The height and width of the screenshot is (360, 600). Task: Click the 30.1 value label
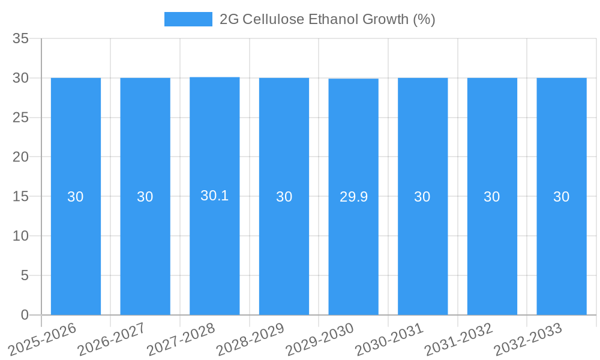[215, 196]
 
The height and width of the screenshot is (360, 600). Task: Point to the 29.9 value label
[353, 197]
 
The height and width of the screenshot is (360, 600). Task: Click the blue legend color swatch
[188, 19]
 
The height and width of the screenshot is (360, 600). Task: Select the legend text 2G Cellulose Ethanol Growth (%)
[327, 19]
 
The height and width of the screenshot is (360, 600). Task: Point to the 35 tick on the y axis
[20, 39]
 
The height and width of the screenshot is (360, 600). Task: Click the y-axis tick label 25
[20, 118]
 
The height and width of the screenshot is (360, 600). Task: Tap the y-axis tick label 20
[20, 157]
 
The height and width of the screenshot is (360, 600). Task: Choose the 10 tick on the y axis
[20, 236]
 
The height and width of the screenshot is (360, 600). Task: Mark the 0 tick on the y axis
[25, 315]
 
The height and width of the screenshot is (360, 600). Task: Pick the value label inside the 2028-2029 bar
[284, 197]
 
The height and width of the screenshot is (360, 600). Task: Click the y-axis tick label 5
[25, 276]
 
